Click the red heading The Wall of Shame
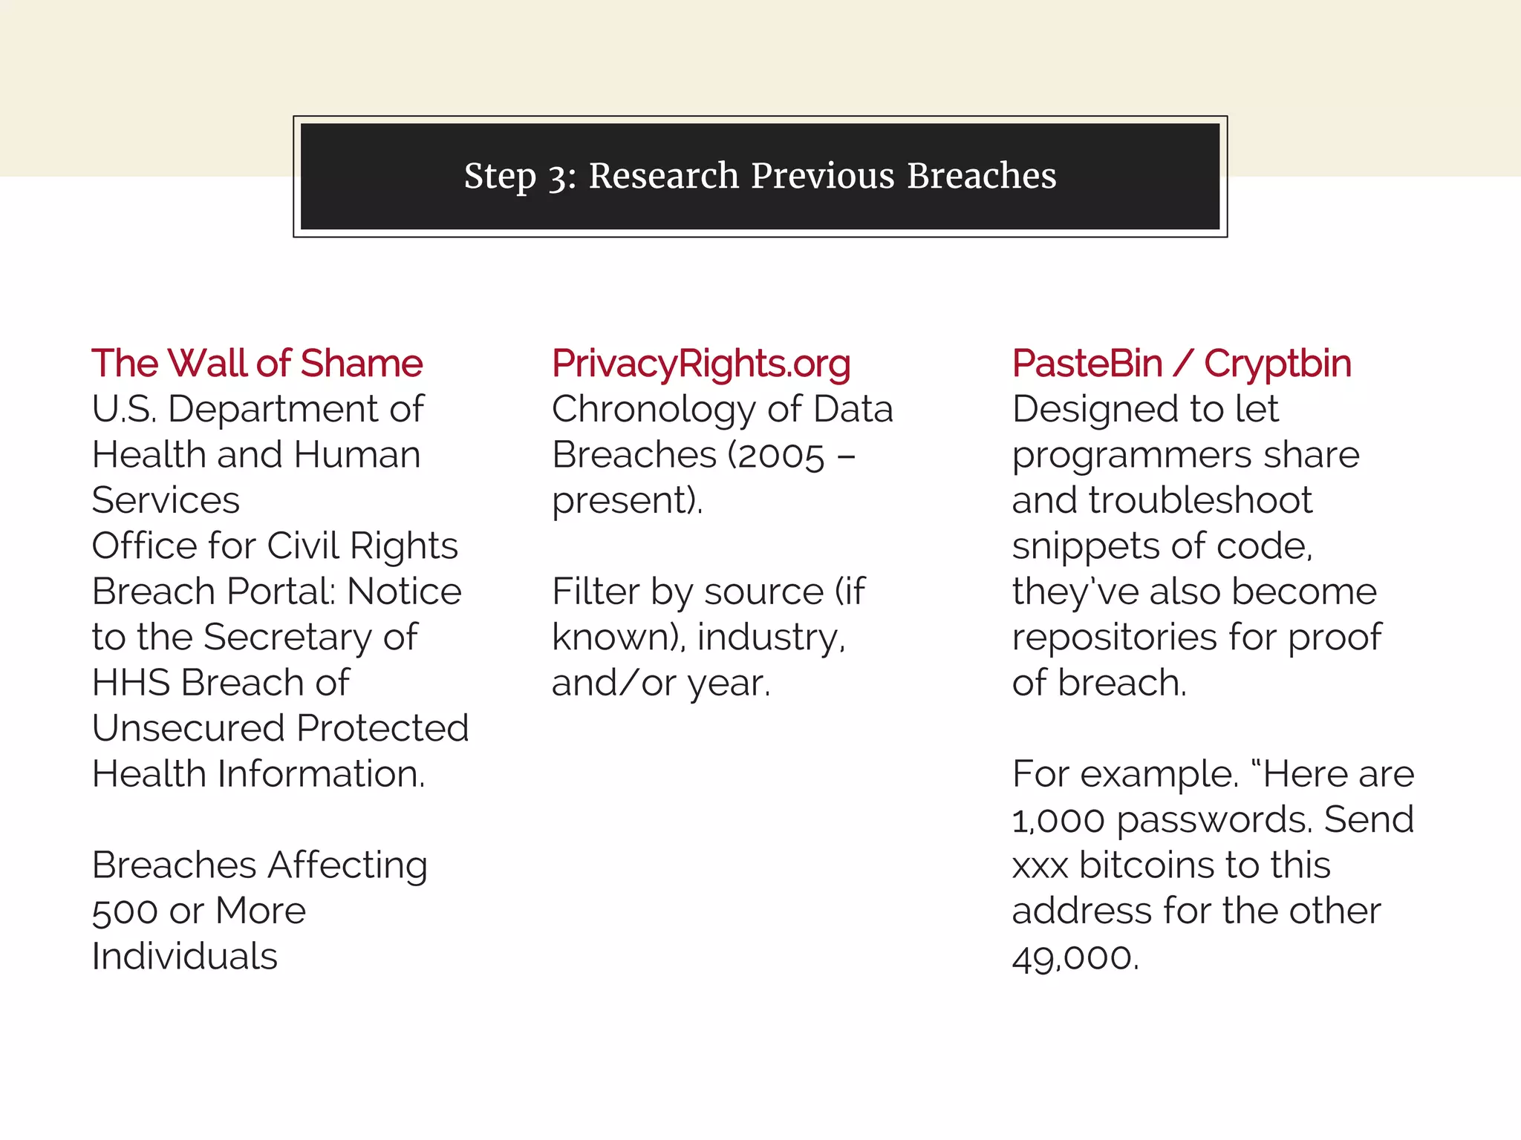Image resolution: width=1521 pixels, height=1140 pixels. tap(257, 364)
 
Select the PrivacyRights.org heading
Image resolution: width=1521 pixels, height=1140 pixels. tap(701, 364)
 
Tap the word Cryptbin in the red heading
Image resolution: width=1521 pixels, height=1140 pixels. tap(1277, 364)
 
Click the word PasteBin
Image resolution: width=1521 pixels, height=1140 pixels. tap(1087, 364)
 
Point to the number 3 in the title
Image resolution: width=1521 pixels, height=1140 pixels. tap(557, 177)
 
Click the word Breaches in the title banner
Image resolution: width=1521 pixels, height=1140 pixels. tap(981, 176)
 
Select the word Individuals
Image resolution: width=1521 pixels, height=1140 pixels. tap(185, 957)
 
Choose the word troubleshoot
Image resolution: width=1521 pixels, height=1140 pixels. tap(1200, 501)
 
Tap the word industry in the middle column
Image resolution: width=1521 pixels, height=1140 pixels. tap(769, 638)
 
